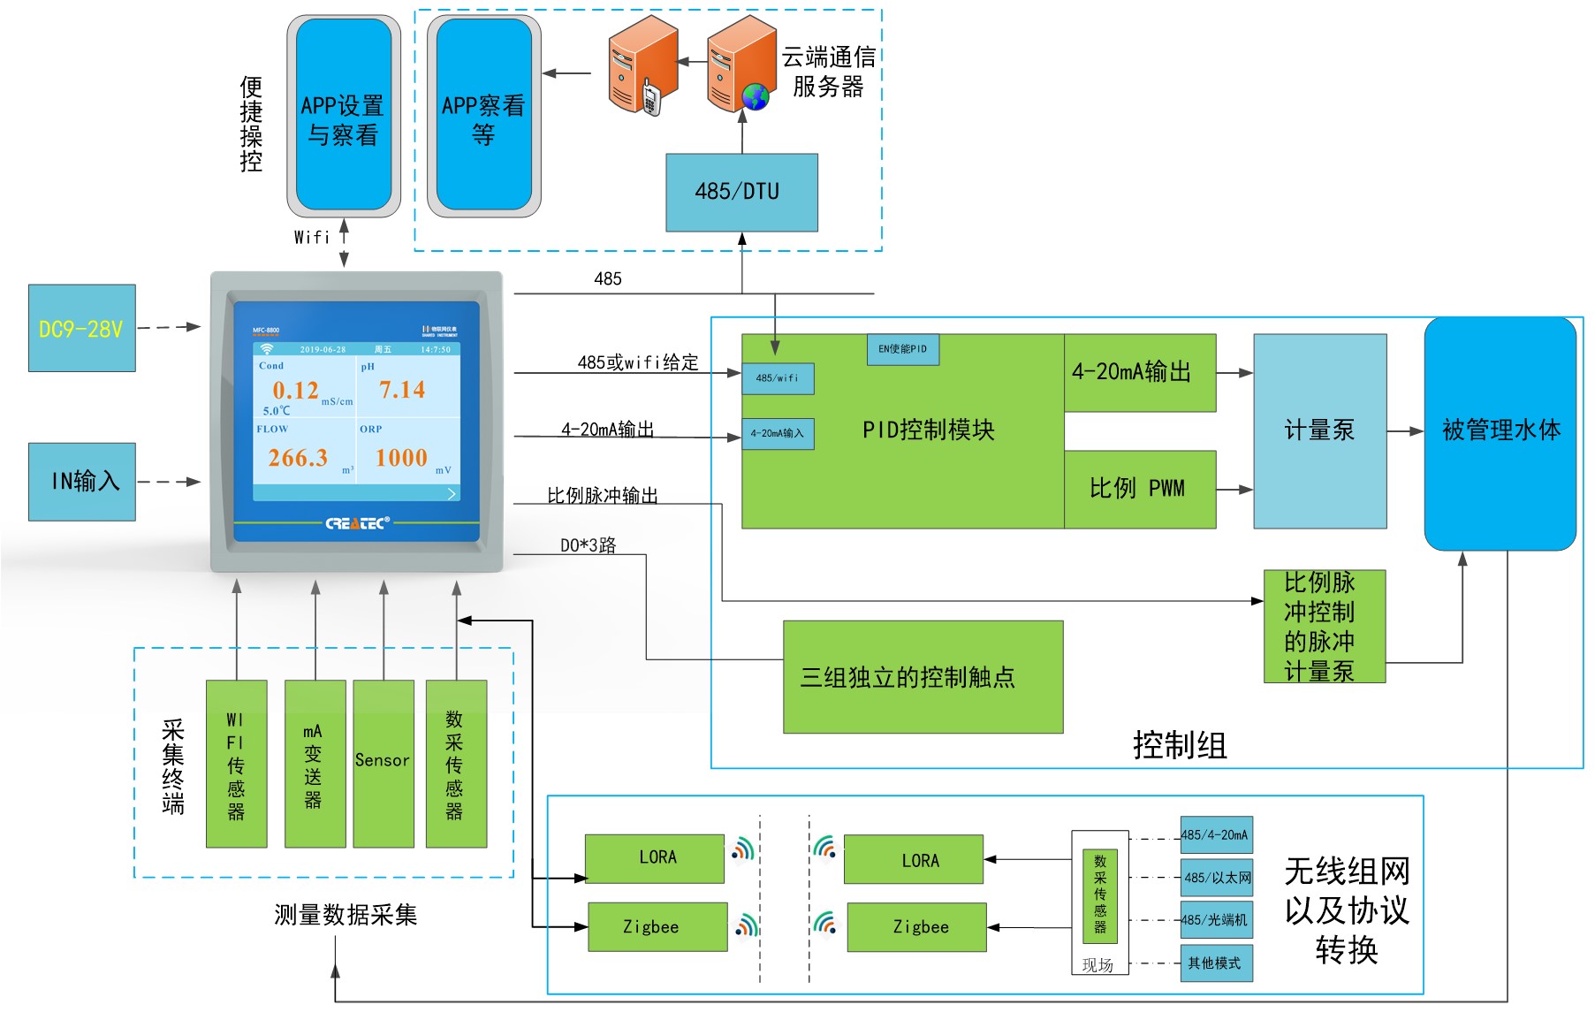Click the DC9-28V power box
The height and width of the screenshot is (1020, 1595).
tap(81, 328)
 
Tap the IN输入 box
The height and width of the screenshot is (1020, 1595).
tap(81, 481)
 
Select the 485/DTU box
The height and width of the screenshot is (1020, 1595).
tap(741, 192)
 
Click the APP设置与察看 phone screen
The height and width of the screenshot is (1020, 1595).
tap(343, 116)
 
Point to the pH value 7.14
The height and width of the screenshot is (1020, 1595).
tap(402, 390)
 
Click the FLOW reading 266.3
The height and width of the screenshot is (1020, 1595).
tap(298, 458)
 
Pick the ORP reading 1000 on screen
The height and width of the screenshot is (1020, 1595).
tap(401, 458)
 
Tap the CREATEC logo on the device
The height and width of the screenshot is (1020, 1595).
tap(357, 523)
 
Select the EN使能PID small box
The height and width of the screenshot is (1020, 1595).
tap(902, 349)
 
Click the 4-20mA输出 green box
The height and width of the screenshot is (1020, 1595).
tap(1139, 372)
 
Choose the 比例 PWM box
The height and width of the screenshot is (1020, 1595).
tap(1139, 489)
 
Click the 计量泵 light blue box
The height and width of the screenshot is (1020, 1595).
tap(1319, 430)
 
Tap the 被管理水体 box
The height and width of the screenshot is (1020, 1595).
tap(1500, 432)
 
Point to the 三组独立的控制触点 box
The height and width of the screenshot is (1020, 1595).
tap(923, 677)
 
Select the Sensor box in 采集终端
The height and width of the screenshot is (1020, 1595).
tap(383, 763)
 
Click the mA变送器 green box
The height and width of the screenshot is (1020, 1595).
tap(315, 763)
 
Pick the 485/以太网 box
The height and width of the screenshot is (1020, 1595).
tap(1217, 878)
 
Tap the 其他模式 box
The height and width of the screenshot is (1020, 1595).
tap(1216, 963)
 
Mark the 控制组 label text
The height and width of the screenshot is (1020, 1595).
tap(1180, 745)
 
